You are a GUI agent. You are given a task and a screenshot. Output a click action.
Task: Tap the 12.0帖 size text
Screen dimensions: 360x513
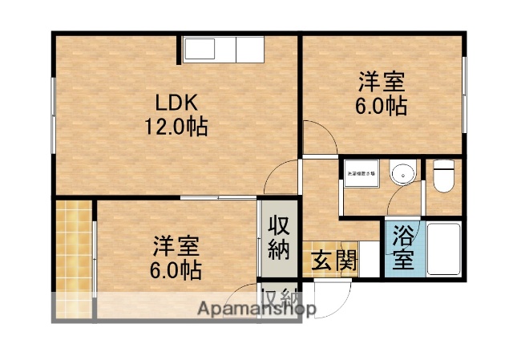(x=176, y=126)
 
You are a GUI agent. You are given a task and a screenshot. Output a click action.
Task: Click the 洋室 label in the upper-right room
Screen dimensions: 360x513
(x=381, y=83)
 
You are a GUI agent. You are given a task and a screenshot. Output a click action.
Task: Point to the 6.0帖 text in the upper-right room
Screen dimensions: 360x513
(x=382, y=105)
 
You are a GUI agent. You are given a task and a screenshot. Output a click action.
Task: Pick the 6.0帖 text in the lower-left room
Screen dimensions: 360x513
(x=176, y=269)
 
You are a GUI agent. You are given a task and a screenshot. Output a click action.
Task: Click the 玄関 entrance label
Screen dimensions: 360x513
(x=329, y=261)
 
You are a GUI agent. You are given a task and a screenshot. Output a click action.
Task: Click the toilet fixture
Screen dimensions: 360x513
(x=444, y=176)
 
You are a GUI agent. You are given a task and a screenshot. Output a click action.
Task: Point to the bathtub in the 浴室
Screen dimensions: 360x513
(x=443, y=248)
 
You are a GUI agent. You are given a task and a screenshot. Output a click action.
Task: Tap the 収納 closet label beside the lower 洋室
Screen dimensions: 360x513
(x=277, y=237)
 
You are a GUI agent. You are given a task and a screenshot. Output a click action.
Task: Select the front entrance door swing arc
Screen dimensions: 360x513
(x=334, y=297)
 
